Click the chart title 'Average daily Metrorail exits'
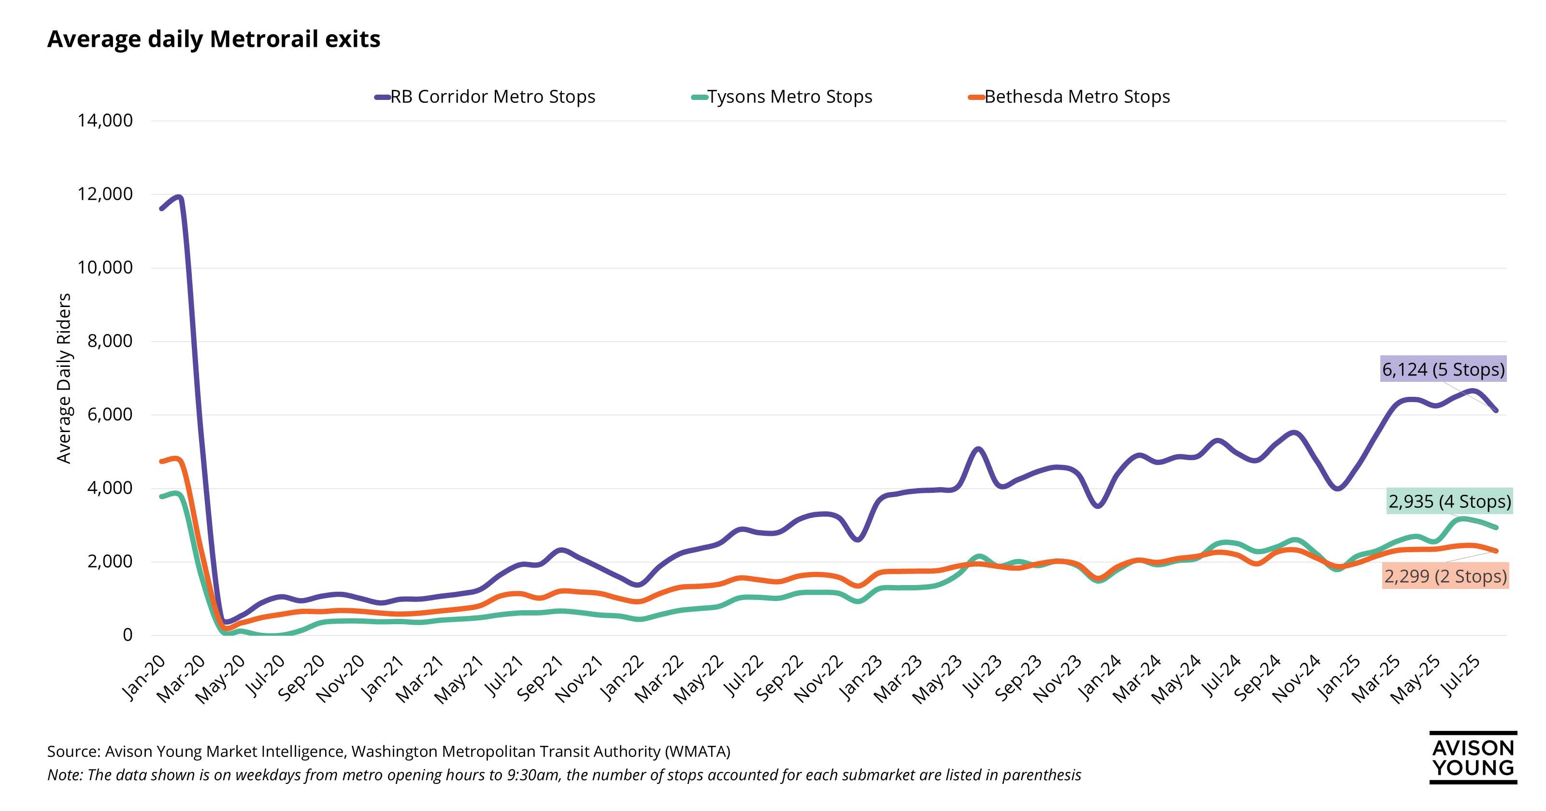(x=214, y=39)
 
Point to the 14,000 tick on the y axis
(x=105, y=121)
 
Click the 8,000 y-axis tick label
(x=110, y=341)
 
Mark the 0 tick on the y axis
(x=127, y=635)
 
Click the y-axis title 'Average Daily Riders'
(x=64, y=378)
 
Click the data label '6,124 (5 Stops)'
(x=1443, y=369)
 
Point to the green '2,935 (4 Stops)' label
(x=1449, y=502)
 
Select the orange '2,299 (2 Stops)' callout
(x=1445, y=576)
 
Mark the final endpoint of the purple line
(x=1496, y=411)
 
